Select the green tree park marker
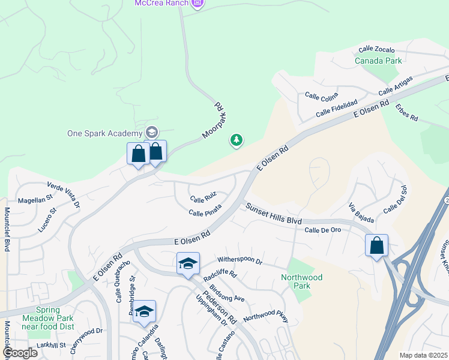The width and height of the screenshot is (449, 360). tap(237, 140)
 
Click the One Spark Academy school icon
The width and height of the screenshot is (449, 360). tap(152, 133)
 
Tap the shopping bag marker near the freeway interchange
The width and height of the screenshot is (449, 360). tap(376, 246)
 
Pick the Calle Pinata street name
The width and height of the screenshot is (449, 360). tap(205, 210)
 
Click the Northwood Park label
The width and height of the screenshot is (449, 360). tap(301, 281)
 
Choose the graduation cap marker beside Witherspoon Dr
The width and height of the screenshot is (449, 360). tap(188, 264)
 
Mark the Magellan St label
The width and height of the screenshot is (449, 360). tap(35, 200)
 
